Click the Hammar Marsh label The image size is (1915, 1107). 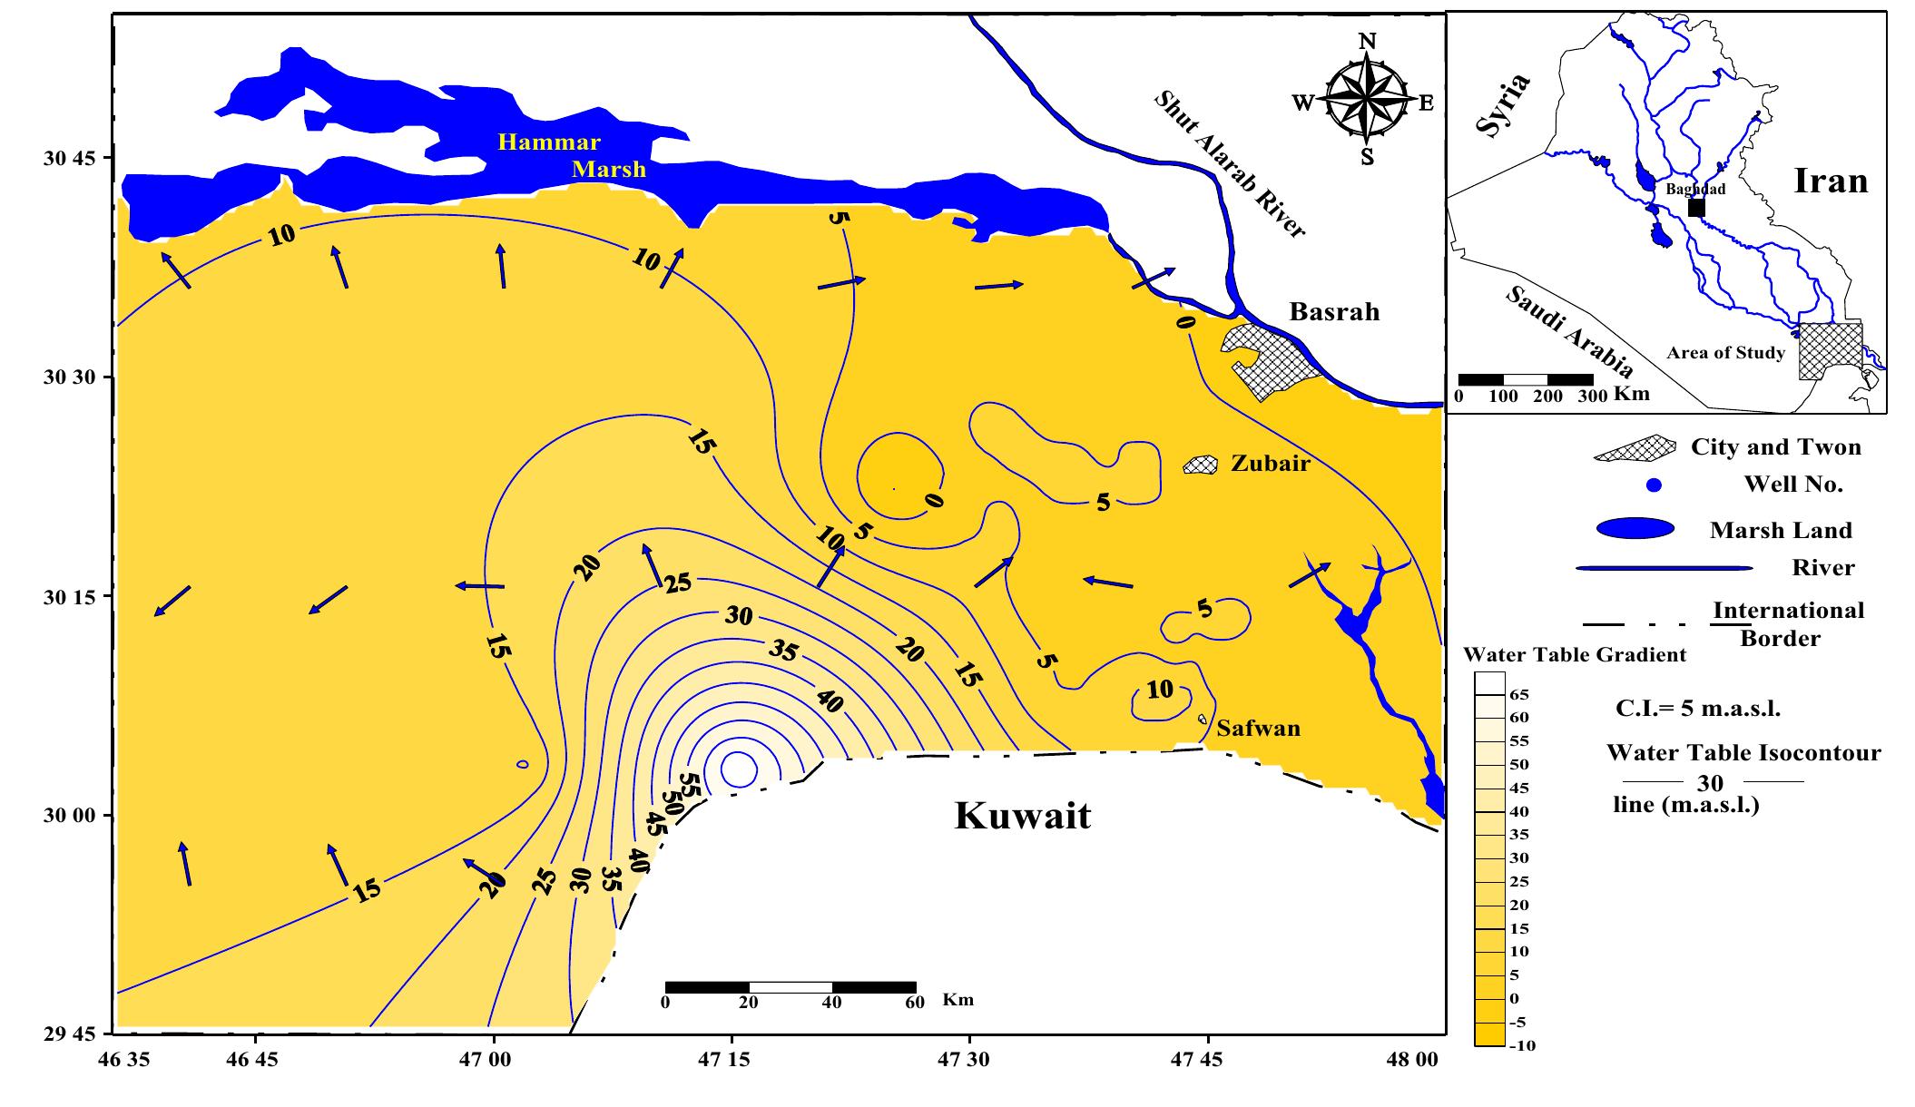572,156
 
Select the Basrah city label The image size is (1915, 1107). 1334,312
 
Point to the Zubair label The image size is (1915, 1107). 1270,464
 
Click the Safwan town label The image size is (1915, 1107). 1258,729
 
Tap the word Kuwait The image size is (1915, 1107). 1022,816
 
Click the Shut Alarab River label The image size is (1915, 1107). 1229,164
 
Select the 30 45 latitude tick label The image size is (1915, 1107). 69,159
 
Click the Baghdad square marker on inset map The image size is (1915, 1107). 1695,208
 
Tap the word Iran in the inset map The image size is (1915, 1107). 1831,181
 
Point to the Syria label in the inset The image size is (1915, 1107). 1503,105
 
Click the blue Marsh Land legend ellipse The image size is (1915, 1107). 1634,528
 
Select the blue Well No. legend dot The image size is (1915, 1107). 1654,485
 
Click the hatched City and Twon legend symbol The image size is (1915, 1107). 1635,447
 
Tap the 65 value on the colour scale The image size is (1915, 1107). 1518,695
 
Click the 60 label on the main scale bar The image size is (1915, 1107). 914,1003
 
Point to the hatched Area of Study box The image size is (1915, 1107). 1830,354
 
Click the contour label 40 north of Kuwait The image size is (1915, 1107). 829,700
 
